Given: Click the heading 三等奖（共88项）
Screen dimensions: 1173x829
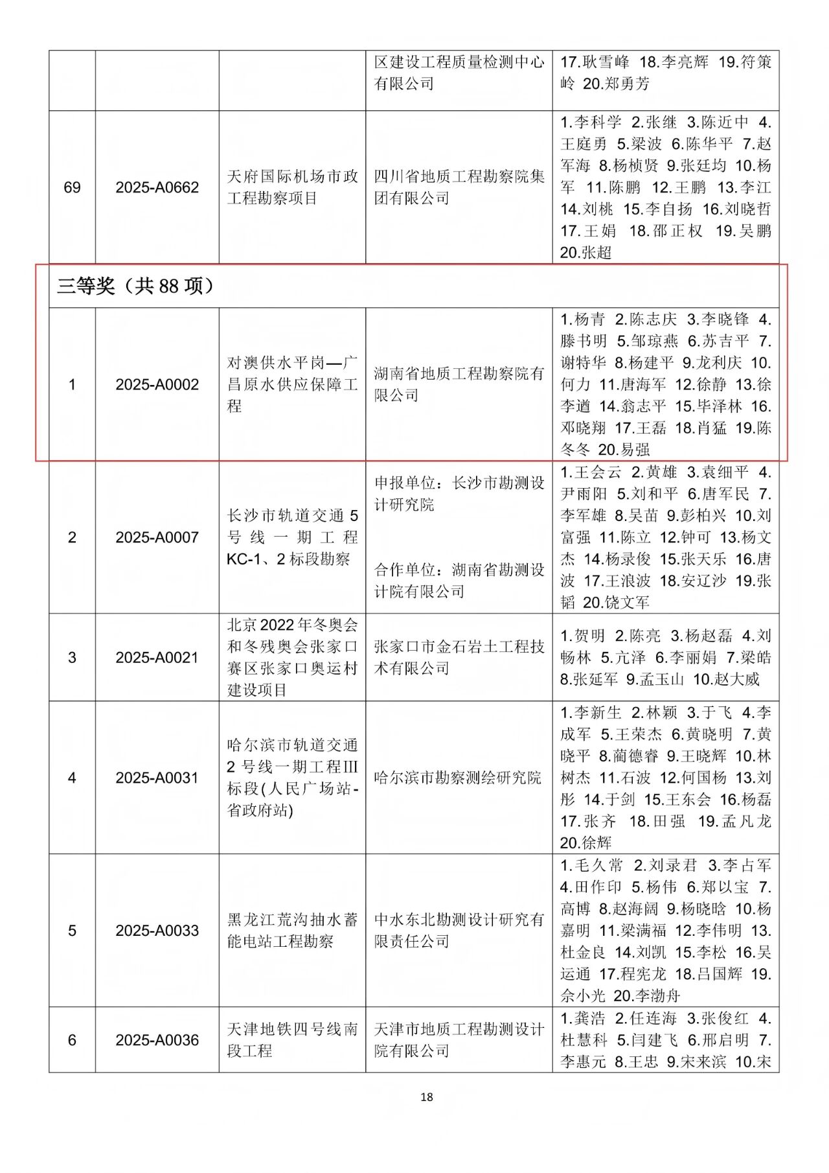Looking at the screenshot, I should (135, 286).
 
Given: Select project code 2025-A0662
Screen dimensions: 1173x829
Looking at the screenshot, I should (157, 188).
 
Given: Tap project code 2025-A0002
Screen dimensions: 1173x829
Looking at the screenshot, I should (157, 385).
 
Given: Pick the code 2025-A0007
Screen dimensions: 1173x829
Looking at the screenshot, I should (157, 537).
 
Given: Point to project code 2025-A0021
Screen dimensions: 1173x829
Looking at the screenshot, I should (157, 658).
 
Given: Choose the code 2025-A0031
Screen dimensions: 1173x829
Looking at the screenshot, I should (157, 778).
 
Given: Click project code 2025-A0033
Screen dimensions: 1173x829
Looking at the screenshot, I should (157, 931).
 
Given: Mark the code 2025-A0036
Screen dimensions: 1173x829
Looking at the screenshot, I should (157, 1040).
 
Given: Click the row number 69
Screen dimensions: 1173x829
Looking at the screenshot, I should (72, 188).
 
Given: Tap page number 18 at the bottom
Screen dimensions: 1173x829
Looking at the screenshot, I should (426, 1097).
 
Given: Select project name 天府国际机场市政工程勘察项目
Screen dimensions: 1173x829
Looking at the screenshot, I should (292, 187).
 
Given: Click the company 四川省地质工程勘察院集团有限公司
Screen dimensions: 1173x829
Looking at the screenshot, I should (459, 187).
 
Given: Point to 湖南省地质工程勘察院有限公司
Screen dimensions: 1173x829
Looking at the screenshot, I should (459, 384).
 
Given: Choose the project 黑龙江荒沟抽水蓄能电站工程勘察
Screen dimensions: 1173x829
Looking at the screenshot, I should (292, 931).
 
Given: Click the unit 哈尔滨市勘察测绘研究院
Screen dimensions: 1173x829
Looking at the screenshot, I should (457, 778).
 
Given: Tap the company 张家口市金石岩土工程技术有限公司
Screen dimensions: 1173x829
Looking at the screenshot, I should (459, 658).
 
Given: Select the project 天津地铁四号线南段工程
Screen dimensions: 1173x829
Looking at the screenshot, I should (292, 1040).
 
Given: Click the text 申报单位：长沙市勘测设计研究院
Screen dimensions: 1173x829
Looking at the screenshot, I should (459, 494).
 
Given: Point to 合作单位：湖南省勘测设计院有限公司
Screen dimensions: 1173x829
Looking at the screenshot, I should (459, 581).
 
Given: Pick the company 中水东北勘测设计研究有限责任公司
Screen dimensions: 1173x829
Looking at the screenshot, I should (459, 931).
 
